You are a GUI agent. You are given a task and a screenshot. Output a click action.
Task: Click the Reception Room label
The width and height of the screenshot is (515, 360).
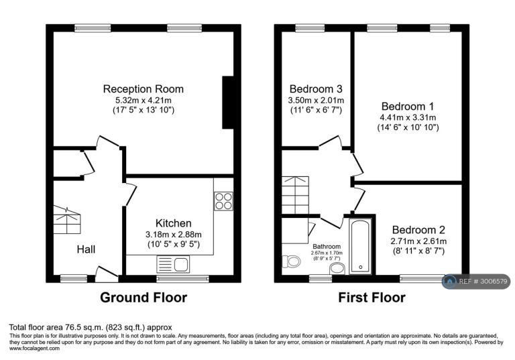tap(144, 89)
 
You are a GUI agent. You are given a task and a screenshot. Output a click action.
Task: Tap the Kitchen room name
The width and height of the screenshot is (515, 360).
tap(174, 223)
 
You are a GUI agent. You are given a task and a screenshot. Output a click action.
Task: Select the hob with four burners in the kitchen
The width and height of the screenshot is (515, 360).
tap(224, 201)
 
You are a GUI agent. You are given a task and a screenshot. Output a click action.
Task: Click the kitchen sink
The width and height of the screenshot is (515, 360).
tap(174, 264)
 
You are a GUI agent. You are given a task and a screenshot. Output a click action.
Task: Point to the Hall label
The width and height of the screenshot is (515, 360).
tap(86, 249)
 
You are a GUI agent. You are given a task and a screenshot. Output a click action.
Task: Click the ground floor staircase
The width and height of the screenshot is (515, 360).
tap(67, 220)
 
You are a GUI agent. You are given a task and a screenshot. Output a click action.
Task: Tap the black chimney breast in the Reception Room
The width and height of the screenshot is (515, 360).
tap(228, 103)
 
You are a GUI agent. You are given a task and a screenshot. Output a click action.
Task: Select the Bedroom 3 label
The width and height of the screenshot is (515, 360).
tap(316, 89)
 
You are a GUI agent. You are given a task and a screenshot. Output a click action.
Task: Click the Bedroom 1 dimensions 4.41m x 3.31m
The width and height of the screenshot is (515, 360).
tap(408, 117)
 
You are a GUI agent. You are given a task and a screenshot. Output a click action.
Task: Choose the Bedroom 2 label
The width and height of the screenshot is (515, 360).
tap(418, 229)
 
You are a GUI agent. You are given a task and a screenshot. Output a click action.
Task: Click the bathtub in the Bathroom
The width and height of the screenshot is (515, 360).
tap(361, 246)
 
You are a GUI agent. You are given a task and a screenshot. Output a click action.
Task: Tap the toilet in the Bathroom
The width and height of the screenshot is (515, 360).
tap(291, 261)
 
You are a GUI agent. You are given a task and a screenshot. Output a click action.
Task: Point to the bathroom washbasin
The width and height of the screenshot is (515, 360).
tap(337, 269)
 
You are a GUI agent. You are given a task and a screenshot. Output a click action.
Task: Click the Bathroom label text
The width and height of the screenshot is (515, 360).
tap(327, 246)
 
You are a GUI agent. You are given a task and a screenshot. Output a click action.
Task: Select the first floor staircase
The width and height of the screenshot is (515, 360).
tap(295, 195)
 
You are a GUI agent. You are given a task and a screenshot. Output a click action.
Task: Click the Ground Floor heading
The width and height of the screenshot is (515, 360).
tap(144, 298)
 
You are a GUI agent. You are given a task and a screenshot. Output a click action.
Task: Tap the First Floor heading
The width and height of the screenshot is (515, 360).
tap(371, 298)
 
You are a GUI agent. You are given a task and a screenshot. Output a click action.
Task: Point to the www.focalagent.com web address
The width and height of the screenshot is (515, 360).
tap(34, 349)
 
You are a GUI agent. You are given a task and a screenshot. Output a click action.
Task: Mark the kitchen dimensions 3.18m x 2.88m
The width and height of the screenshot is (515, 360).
tap(174, 235)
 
